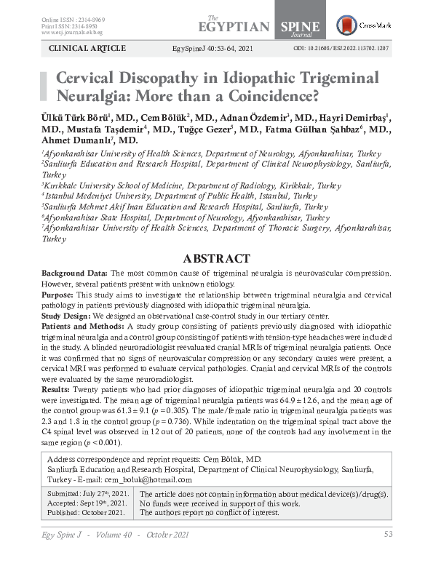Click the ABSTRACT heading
[216, 258]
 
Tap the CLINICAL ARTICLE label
[87, 48]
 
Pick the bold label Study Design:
[65, 316]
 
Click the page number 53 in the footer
[388, 535]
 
